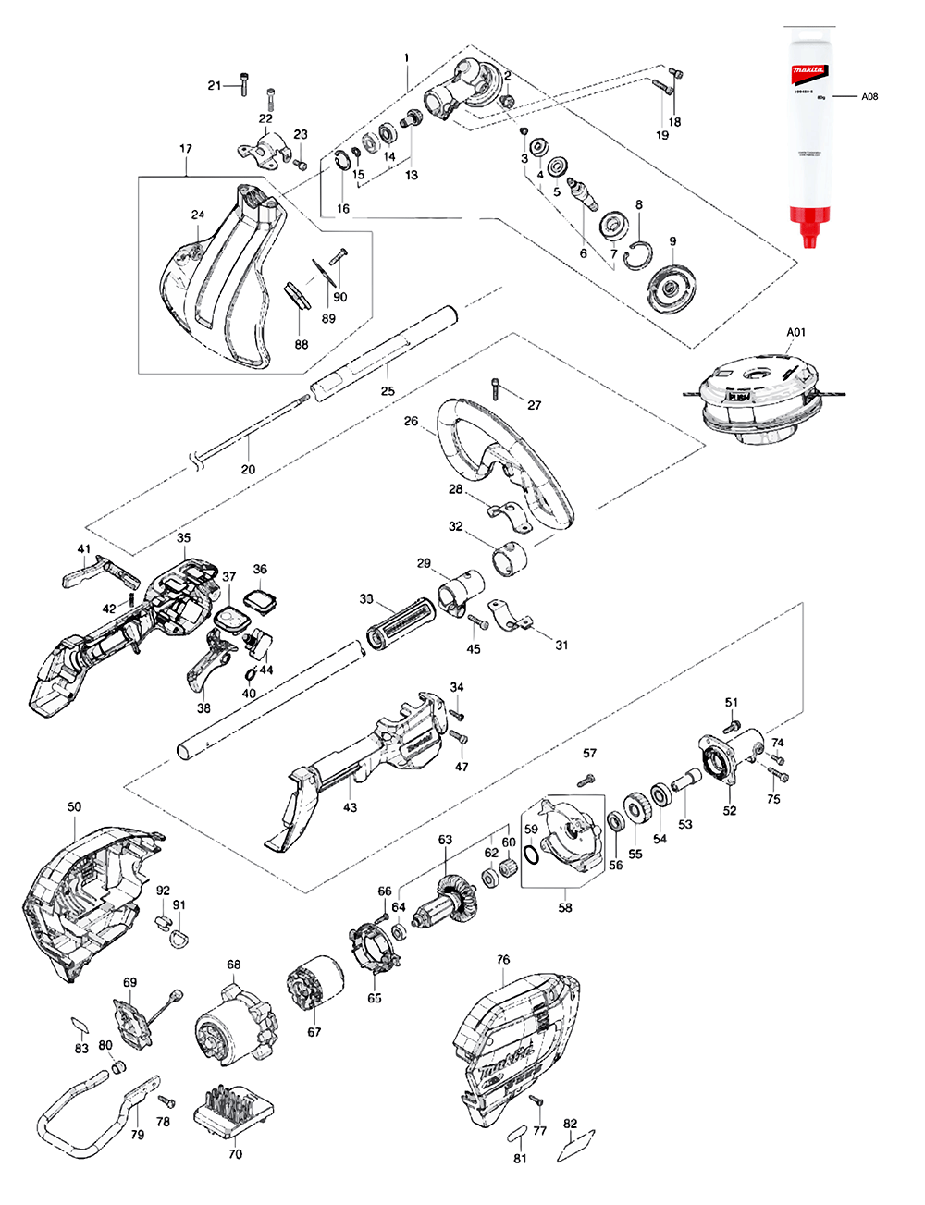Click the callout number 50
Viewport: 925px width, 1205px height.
75,807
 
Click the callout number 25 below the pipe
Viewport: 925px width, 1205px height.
388,391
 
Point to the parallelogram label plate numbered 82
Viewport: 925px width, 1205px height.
575,1146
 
